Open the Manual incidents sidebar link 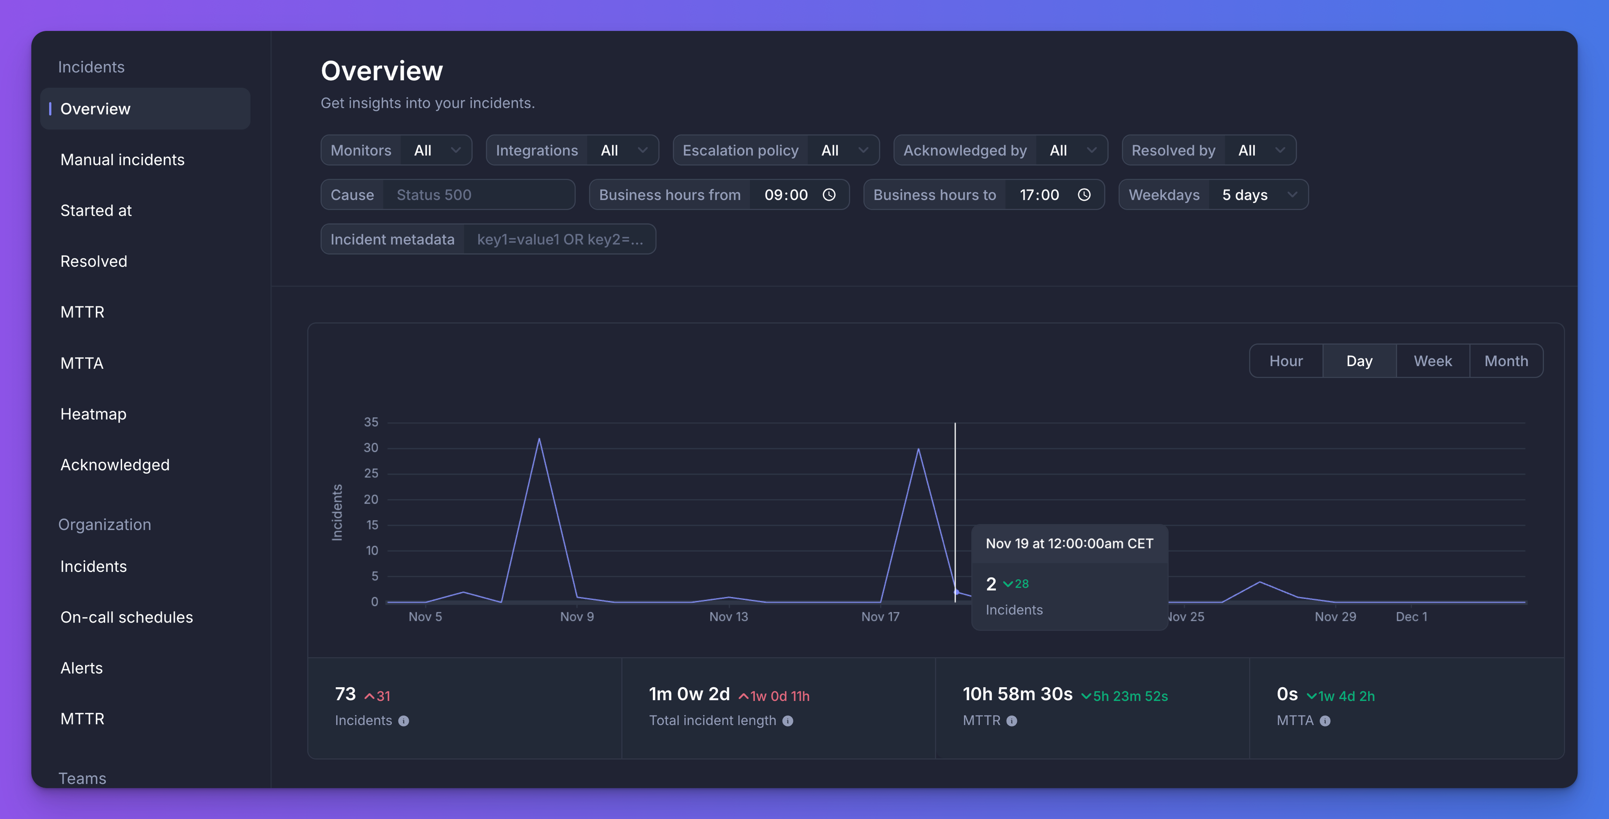point(123,160)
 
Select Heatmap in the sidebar point(93,414)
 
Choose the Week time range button point(1432,361)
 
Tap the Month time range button point(1506,361)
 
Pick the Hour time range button point(1285,361)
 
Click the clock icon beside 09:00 point(829,195)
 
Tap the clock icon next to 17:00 point(1084,195)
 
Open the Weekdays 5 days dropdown point(1258,195)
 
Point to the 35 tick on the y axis point(371,422)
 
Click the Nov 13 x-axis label point(728,617)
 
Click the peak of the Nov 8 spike point(539,439)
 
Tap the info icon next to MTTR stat point(1012,721)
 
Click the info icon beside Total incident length point(787,721)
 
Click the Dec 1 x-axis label point(1411,617)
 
